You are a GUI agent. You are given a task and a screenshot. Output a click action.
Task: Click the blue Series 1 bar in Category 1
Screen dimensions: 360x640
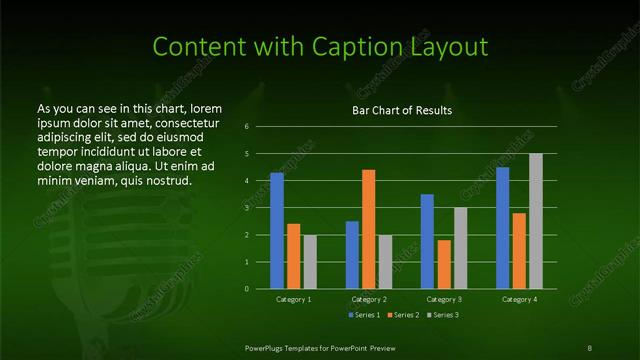pos(276,230)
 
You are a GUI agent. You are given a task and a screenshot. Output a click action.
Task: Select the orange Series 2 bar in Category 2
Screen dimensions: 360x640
pos(368,229)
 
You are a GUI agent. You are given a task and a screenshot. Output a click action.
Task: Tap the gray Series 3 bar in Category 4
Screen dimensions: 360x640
pos(535,221)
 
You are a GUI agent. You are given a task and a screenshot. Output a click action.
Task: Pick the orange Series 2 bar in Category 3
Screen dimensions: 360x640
pos(444,264)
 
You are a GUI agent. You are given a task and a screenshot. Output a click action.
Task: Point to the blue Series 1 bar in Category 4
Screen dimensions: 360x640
pos(502,227)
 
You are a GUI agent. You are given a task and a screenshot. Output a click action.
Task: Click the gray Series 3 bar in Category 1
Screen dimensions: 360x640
pos(310,261)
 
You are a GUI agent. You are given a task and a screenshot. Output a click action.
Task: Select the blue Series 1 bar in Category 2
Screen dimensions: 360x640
pos(352,254)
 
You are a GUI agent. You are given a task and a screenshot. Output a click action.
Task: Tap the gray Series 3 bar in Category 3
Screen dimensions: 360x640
pos(460,248)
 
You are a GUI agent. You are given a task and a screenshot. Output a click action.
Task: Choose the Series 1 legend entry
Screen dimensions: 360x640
pos(364,315)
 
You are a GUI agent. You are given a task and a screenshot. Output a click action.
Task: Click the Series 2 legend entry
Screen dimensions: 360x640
pos(404,315)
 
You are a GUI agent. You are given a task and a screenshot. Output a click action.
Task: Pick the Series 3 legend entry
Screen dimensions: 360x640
pos(443,315)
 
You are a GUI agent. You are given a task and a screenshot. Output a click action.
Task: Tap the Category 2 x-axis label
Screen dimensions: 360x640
pos(369,299)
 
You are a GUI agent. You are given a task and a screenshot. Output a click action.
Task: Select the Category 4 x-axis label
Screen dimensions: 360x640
pos(518,299)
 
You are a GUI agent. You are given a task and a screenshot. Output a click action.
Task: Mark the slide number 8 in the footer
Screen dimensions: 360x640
pos(590,347)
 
